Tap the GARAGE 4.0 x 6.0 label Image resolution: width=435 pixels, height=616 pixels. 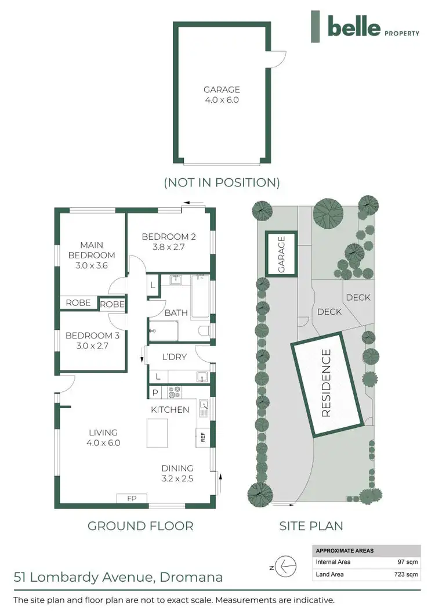click(221, 95)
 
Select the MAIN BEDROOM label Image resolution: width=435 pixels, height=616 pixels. click(92, 255)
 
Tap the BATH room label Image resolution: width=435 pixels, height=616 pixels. click(176, 313)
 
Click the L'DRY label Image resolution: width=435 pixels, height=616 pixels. click(173, 356)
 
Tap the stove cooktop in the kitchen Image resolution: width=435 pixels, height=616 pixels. click(173, 392)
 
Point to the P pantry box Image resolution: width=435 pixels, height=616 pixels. click(155, 392)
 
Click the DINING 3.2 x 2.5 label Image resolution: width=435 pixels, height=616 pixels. click(177, 473)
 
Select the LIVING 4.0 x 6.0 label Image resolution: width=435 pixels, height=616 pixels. click(103, 437)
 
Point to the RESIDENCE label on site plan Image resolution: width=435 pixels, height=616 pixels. click(325, 383)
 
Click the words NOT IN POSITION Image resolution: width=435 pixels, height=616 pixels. click(222, 182)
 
